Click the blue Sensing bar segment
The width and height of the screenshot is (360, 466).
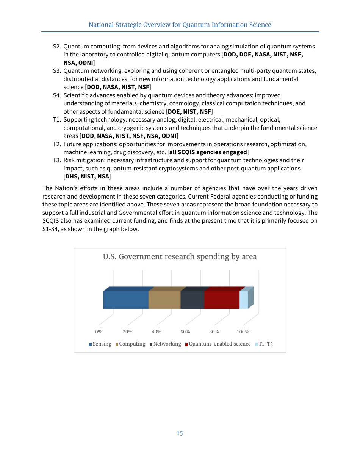[125, 300]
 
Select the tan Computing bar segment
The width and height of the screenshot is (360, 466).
[164, 300]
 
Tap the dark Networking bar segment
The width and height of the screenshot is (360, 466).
[192, 300]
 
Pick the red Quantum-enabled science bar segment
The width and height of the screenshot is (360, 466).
[222, 300]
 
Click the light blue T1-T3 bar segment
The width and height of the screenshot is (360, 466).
[244, 300]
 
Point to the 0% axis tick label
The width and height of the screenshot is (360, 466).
[99, 332]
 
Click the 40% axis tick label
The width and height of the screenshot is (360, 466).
[156, 332]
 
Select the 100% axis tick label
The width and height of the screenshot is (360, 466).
[243, 332]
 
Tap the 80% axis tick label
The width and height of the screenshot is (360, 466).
[214, 332]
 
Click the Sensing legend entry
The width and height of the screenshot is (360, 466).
[100, 344]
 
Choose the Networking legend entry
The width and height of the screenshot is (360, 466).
[165, 344]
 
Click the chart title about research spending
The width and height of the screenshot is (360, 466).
[180, 256]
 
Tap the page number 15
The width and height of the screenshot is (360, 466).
[180, 433]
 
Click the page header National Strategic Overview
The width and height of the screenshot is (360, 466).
[180, 25]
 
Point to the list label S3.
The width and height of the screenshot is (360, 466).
[57, 71]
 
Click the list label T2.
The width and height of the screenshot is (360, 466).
[57, 144]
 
